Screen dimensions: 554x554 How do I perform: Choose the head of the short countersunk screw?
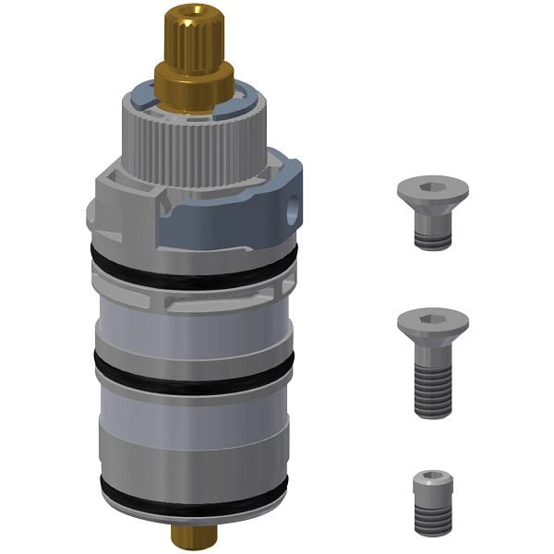coord(433,193)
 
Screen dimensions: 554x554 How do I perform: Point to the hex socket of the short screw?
coord(433,186)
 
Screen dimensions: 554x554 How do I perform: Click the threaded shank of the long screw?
coord(433,388)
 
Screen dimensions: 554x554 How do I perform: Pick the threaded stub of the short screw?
coord(433,238)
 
